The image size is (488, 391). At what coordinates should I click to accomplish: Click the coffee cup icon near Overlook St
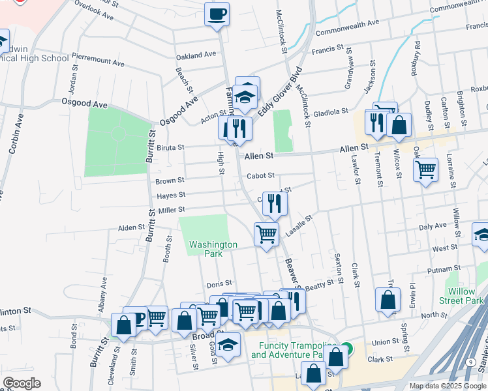[217, 13]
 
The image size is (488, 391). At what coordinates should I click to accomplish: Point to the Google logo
[22, 383]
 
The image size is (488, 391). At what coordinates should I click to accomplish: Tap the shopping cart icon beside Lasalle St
[266, 233]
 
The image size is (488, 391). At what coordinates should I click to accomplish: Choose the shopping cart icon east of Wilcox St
[425, 170]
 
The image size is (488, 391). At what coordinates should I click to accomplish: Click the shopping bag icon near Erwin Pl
[388, 300]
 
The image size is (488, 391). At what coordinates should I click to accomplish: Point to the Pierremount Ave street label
[98, 60]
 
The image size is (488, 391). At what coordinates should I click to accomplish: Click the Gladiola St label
[330, 112]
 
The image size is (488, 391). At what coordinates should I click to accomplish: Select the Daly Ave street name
[432, 226]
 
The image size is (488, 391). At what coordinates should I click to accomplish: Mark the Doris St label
[219, 283]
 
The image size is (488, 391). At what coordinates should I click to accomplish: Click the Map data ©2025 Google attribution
[448, 386]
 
